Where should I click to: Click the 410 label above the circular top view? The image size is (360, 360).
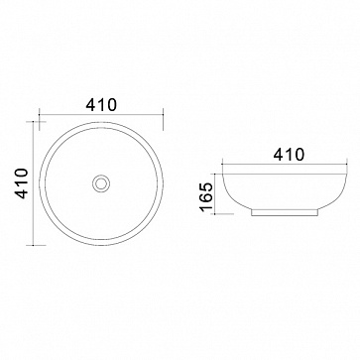(x=101, y=105)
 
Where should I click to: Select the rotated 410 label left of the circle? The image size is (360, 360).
(x=22, y=183)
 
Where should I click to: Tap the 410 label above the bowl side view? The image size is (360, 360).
(x=289, y=155)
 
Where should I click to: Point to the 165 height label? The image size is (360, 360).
(x=206, y=196)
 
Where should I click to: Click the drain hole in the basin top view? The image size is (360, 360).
(x=101, y=183)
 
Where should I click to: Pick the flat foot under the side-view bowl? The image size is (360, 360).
(x=285, y=213)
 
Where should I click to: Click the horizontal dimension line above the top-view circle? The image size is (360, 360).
(x=101, y=114)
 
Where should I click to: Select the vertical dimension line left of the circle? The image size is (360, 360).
(x=33, y=183)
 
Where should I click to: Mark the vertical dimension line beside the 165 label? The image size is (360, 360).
(x=215, y=193)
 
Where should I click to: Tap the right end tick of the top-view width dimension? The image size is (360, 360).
(x=164, y=119)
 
